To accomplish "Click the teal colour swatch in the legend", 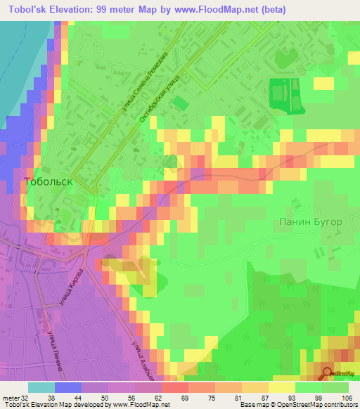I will point(41,387).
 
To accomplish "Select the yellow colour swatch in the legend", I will point(282,387).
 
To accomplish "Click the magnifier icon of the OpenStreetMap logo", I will point(327,373).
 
